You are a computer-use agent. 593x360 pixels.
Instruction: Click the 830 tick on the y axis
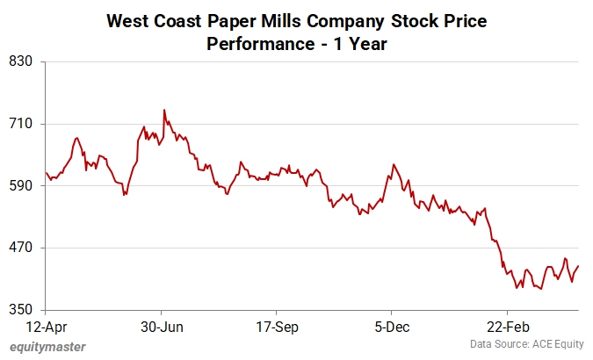pyautogui.click(x=20, y=61)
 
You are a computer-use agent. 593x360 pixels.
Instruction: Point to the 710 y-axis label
pyautogui.click(x=20, y=124)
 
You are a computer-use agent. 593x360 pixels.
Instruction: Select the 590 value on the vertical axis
pyautogui.click(x=20, y=186)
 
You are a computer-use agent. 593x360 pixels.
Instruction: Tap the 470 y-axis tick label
pyautogui.click(x=20, y=248)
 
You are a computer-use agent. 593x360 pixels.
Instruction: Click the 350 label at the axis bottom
pyautogui.click(x=20, y=310)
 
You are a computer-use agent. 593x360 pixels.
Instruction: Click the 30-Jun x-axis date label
pyautogui.click(x=162, y=327)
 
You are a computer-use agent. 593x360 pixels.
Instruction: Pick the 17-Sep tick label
pyautogui.click(x=276, y=327)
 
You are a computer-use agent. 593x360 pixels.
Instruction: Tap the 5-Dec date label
pyautogui.click(x=391, y=327)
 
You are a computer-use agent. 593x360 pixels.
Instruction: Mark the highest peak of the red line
pyautogui.click(x=164, y=111)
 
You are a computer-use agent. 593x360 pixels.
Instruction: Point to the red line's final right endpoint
pyautogui.click(x=579, y=266)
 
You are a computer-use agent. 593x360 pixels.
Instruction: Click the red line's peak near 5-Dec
pyautogui.click(x=394, y=164)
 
